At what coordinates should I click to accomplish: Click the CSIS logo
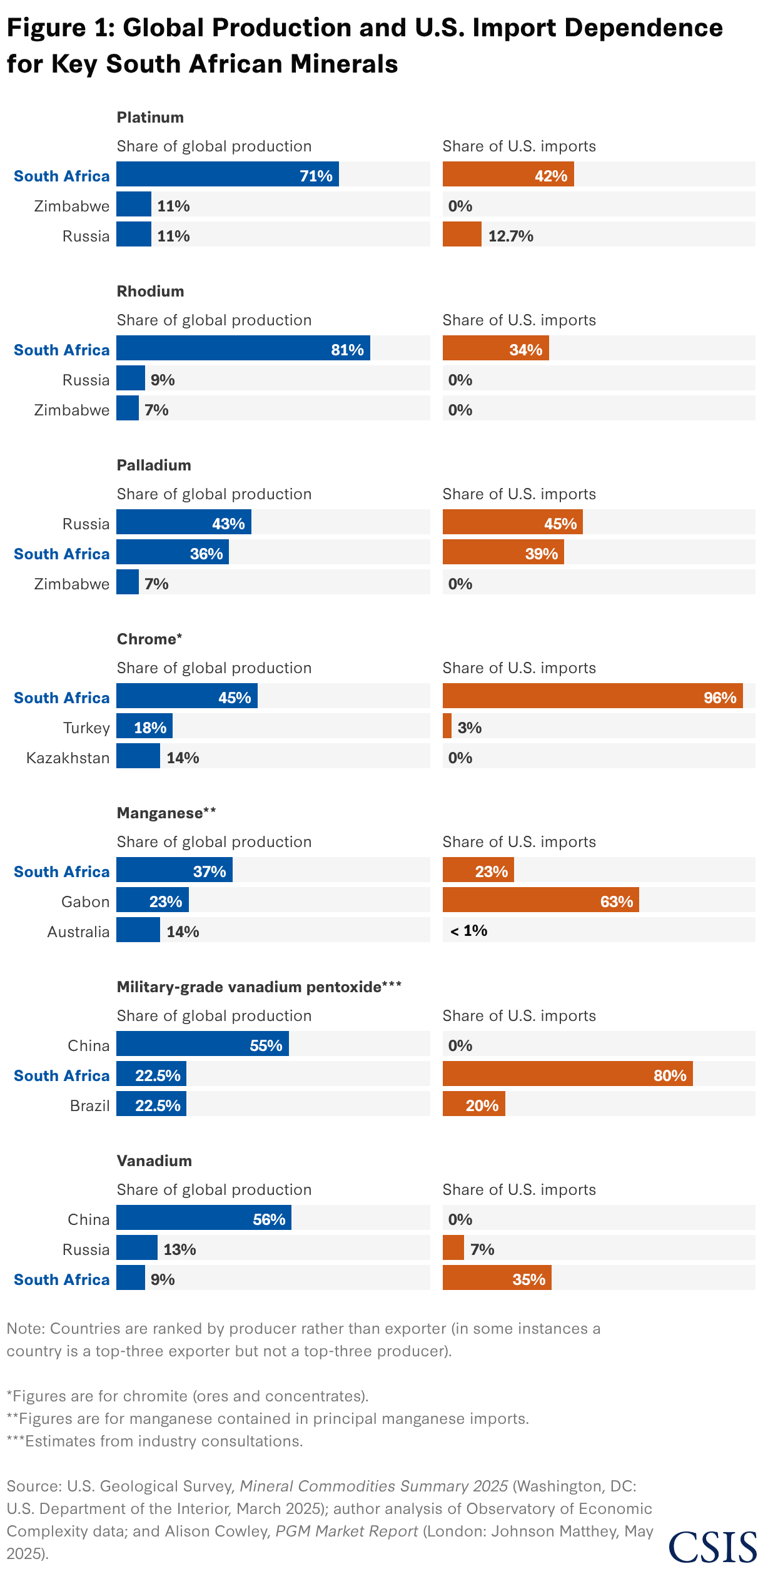click(x=712, y=1546)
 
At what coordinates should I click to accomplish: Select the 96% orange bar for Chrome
click(x=592, y=696)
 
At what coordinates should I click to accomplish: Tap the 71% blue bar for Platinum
click(x=227, y=175)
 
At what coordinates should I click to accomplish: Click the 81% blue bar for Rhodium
click(x=243, y=348)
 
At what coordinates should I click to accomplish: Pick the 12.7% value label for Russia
click(x=510, y=236)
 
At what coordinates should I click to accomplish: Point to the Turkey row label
click(x=86, y=728)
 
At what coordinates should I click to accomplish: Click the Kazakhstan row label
click(x=68, y=758)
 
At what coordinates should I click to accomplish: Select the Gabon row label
click(x=85, y=901)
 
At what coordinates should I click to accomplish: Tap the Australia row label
click(x=78, y=932)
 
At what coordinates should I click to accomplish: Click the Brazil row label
click(x=89, y=1105)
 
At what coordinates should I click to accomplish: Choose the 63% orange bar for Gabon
click(x=540, y=900)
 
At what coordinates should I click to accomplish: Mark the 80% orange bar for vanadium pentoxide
click(x=567, y=1074)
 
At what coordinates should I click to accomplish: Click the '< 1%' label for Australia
click(x=468, y=931)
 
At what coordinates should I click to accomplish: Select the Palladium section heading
click(x=154, y=465)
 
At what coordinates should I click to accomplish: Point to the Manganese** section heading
click(x=166, y=813)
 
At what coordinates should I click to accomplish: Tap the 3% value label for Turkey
click(x=469, y=728)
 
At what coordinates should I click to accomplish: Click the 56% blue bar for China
click(x=203, y=1218)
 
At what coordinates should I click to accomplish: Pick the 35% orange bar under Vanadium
click(x=497, y=1278)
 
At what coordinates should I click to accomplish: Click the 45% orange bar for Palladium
click(x=512, y=522)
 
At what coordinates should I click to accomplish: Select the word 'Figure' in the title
click(x=46, y=28)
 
